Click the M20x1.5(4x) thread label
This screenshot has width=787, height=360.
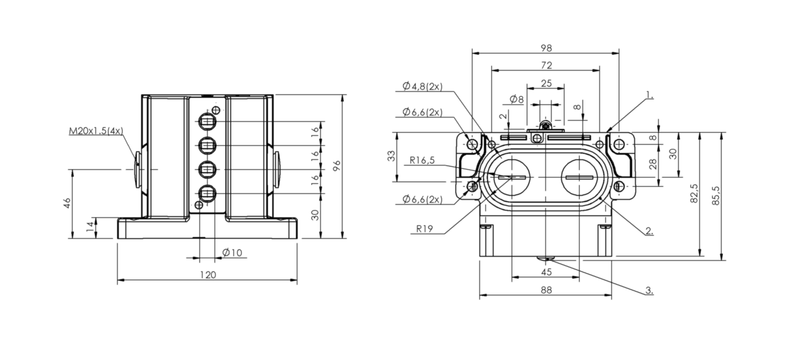click(96, 131)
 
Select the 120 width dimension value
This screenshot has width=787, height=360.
click(208, 275)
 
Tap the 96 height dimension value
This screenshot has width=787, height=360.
click(336, 165)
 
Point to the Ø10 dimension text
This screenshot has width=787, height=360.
click(232, 252)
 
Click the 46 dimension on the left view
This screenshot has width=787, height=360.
click(67, 203)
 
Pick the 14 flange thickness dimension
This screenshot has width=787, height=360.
click(91, 226)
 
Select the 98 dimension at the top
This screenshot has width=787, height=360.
click(546, 48)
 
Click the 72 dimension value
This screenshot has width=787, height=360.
click(546, 66)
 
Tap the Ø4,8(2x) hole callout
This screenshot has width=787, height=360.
click(423, 87)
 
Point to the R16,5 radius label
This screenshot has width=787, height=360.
click(422, 160)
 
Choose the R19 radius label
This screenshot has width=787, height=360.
click(424, 229)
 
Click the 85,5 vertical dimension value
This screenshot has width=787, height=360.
click(716, 196)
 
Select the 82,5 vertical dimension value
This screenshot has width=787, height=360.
click(694, 193)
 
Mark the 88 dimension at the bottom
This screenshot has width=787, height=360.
click(546, 290)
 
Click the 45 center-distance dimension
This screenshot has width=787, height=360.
click(546, 272)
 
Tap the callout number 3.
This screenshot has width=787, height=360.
click(649, 291)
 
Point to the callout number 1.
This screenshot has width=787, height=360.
click(650, 95)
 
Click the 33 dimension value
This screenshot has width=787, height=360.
click(391, 156)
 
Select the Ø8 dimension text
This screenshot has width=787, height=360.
click(517, 99)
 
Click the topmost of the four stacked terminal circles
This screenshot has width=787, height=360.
click(207, 122)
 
